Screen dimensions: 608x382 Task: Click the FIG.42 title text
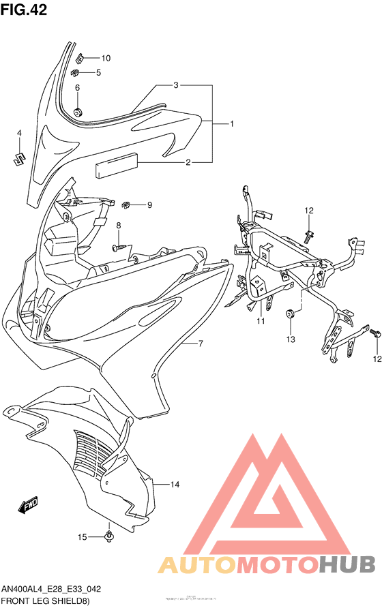tap(28, 12)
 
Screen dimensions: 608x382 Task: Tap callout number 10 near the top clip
tap(106, 58)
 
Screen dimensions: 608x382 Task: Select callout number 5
tap(98, 72)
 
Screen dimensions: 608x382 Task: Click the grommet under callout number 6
tap(78, 110)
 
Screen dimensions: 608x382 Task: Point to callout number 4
tap(19, 133)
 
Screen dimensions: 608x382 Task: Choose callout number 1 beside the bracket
tap(232, 124)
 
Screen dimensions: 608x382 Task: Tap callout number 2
tap(188, 162)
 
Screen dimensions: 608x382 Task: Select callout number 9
tap(149, 205)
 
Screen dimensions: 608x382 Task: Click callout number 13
tap(290, 339)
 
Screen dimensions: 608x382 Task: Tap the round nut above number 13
tap(289, 313)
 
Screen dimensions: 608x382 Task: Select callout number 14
tap(175, 485)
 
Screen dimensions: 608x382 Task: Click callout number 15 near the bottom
tap(82, 537)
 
